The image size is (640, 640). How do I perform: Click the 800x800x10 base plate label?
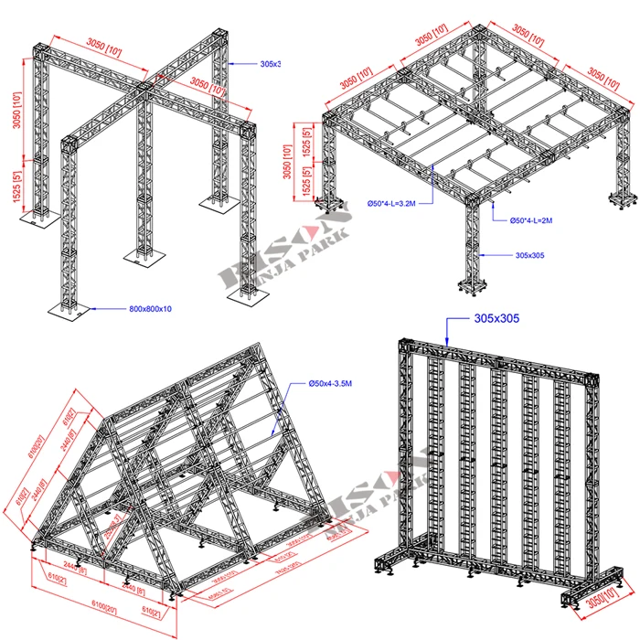click(150, 309)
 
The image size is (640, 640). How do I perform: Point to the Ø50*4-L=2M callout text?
click(545, 220)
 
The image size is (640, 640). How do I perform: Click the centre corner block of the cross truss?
click(144, 89)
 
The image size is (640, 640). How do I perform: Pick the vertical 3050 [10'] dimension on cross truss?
click(16, 114)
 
